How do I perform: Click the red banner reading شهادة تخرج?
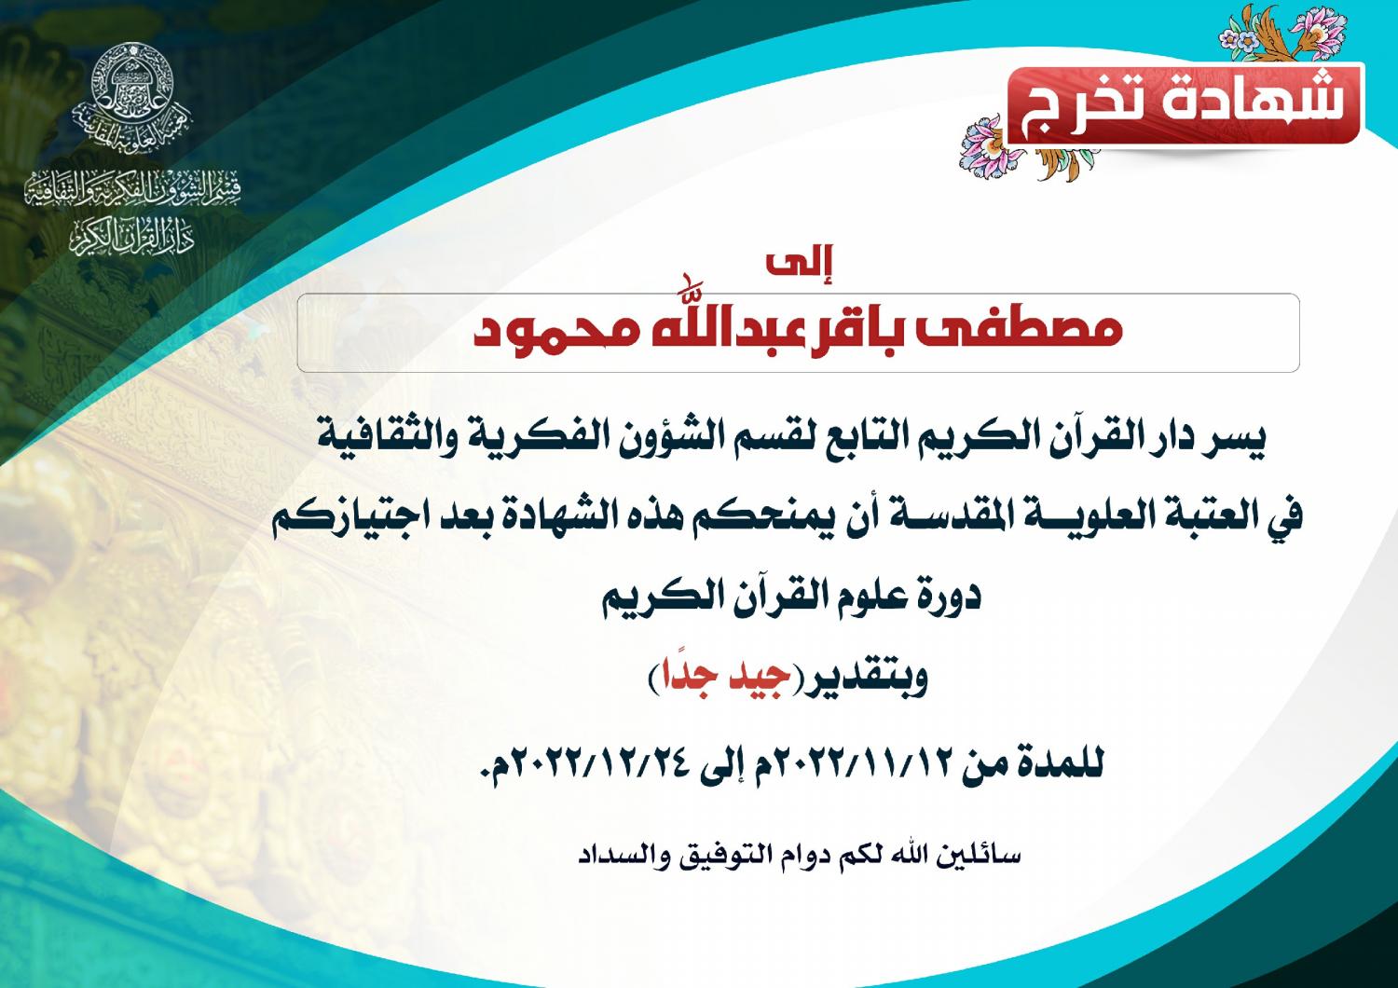click(1185, 104)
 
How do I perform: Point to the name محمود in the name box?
click(556, 331)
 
